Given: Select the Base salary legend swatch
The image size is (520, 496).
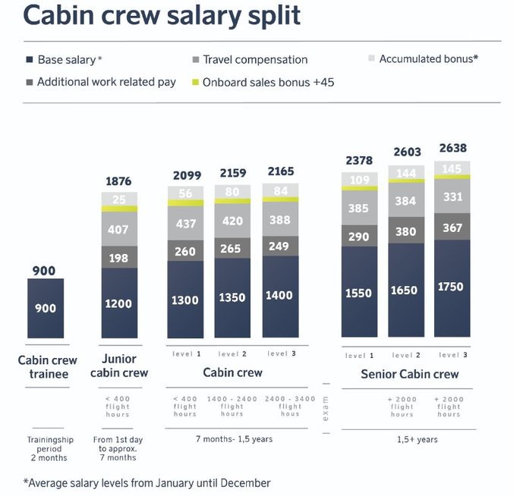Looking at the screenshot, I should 29,59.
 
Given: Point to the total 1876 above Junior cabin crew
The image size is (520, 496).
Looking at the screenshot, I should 118,181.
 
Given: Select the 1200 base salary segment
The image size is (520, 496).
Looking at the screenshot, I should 119,303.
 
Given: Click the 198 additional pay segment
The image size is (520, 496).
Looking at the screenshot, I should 119,258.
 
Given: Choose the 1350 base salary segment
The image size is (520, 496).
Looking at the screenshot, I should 232,297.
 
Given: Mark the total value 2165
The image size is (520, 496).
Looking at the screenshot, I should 280,172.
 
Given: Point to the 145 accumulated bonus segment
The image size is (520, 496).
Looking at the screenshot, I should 453,168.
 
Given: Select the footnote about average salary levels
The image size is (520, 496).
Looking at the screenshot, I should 147,482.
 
